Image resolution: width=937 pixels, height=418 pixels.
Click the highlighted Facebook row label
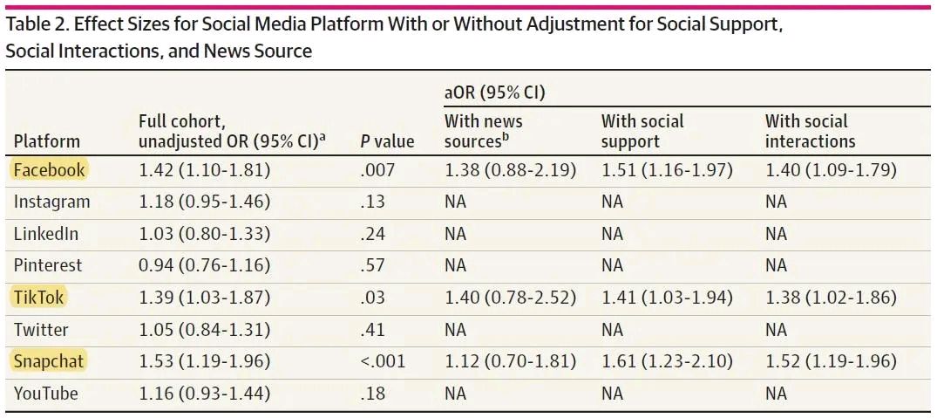pyautogui.click(x=48, y=170)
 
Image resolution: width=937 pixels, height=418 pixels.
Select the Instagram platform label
pyautogui.click(x=51, y=202)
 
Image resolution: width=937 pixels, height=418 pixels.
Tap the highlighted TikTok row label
pyautogui.click(x=38, y=298)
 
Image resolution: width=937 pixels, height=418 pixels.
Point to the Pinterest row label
pyautogui.click(x=48, y=265)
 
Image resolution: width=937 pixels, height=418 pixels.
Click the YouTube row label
pyautogui.click(x=45, y=394)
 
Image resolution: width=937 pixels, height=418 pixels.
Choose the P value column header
pyautogui.click(x=386, y=141)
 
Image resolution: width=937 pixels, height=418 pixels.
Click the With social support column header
pyautogui.click(x=642, y=131)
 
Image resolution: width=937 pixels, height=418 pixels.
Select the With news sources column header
pyautogui.click(x=483, y=131)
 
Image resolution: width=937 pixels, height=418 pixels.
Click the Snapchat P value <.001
pyautogui.click(x=383, y=361)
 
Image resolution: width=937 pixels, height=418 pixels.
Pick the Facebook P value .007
pyautogui.click(x=377, y=170)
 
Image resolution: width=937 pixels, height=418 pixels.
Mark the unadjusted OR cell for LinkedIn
pyautogui.click(x=204, y=234)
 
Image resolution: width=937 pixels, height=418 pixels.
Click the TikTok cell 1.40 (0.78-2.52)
pyautogui.click(x=510, y=298)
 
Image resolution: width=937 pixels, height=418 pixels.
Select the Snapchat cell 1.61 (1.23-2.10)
pyautogui.click(x=667, y=361)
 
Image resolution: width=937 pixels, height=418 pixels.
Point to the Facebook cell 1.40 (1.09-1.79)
pyautogui.click(x=831, y=170)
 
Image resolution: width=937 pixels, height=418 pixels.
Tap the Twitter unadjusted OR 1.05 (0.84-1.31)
pyautogui.click(x=204, y=330)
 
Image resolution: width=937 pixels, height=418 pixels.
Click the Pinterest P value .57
pyautogui.click(x=372, y=265)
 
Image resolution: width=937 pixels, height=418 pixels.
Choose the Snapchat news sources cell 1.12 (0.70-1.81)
pyautogui.click(x=510, y=361)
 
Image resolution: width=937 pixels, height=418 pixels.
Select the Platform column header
pyautogui.click(x=46, y=141)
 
